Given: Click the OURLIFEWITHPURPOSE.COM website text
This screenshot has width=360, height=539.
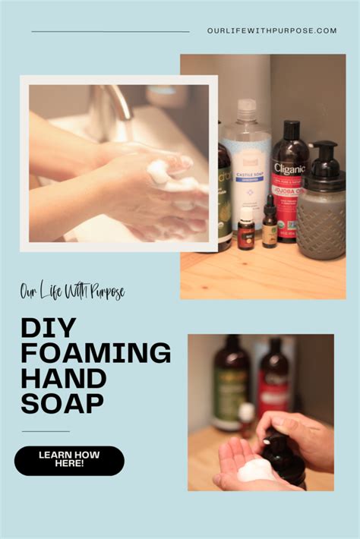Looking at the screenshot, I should click(x=271, y=31).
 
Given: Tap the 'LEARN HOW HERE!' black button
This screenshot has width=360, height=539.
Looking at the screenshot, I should click(x=69, y=460).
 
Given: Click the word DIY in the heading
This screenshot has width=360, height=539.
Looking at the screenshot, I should click(x=49, y=328).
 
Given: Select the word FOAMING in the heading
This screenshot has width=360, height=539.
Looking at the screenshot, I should click(x=96, y=353).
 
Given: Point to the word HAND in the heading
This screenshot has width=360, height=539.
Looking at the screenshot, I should click(x=64, y=378).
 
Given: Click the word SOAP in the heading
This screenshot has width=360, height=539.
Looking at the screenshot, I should click(x=62, y=403).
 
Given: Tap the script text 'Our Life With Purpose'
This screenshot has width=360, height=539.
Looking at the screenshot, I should click(x=73, y=292).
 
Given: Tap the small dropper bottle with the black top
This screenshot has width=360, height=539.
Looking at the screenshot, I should click(x=270, y=224).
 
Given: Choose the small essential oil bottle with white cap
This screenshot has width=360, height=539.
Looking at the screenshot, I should click(x=245, y=234).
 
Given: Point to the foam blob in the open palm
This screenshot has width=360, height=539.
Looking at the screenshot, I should click(x=256, y=471).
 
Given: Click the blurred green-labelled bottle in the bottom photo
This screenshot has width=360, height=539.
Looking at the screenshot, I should click(x=229, y=383).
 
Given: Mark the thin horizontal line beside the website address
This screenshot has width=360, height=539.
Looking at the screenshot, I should click(x=110, y=32).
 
